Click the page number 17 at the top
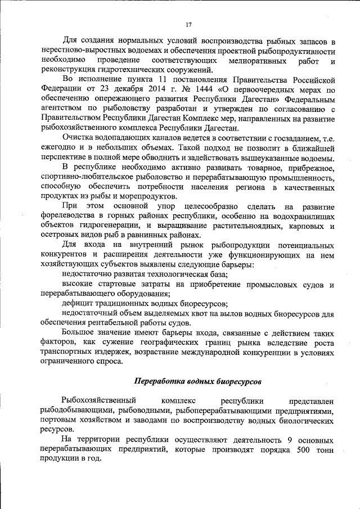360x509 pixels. click(188, 24)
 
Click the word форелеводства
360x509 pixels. click(67, 217)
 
